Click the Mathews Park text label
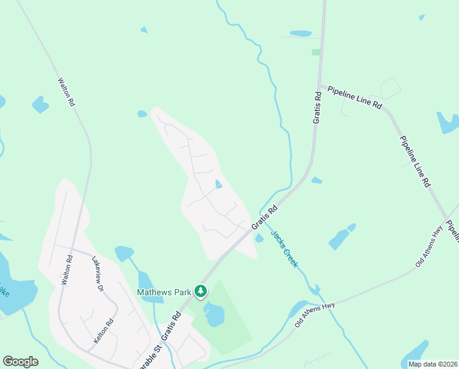pyautogui.click(x=164, y=292)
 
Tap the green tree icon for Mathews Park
pyautogui.click(x=200, y=290)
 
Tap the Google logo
pyautogui.click(x=20, y=362)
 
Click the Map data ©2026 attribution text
pyautogui.click(x=432, y=364)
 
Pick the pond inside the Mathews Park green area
pyautogui.click(x=214, y=315)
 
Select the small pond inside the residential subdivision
pyautogui.click(x=218, y=184)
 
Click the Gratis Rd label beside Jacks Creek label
pyautogui.click(x=264, y=219)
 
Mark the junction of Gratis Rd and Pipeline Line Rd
pyautogui.click(x=319, y=85)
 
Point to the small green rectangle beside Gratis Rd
pyautogui.click(x=315, y=52)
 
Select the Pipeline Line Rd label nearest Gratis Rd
pyautogui.click(x=355, y=98)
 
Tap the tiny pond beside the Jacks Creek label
pyautogui.click(x=260, y=238)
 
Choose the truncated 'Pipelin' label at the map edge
pyautogui.click(x=452, y=230)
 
